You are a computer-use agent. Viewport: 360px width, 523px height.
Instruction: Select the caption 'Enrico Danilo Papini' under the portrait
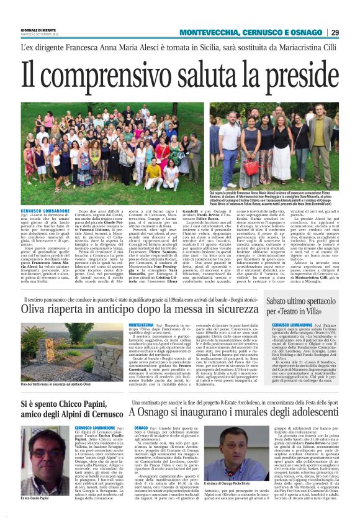point(35,498)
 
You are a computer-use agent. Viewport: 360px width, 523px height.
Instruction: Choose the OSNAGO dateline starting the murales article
point(141,428)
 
